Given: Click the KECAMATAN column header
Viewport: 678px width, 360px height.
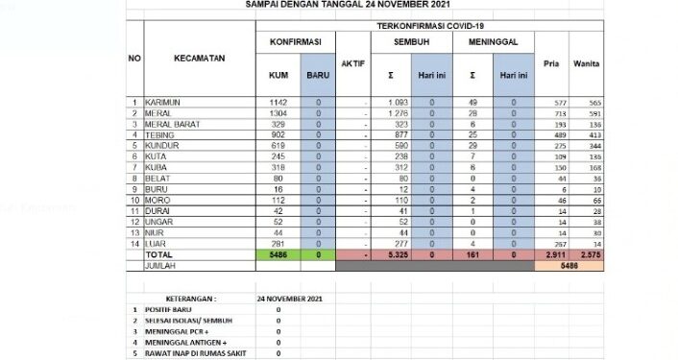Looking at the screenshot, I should tap(199, 59).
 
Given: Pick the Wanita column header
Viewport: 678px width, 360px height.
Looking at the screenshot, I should tap(587, 63).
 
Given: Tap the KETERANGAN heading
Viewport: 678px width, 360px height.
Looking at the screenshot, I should tap(190, 298).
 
